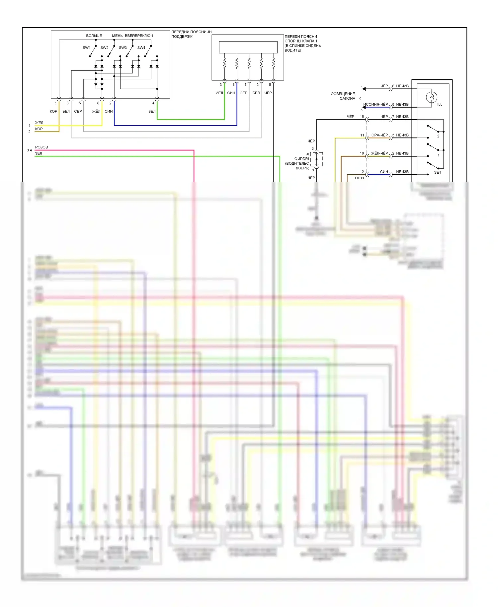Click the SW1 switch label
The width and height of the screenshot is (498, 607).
(86, 48)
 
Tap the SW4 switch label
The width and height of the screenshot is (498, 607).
(141, 48)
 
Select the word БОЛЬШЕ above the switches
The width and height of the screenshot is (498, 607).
(94, 36)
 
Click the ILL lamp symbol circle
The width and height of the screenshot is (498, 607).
(431, 97)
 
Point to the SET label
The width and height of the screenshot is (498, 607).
(438, 173)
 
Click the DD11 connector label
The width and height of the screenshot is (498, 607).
(360, 178)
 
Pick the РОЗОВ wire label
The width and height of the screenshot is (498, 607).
(41, 147)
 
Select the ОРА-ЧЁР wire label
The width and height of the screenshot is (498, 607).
(379, 135)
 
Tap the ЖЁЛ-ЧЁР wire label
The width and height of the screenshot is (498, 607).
(379, 153)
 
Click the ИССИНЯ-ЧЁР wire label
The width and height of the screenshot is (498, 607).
(375, 105)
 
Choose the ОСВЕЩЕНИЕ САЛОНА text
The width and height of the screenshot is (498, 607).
(343, 96)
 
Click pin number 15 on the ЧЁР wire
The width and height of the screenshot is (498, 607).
(362, 117)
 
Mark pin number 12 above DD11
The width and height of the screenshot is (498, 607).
(362, 172)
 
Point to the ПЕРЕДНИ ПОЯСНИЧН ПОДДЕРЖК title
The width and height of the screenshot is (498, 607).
(191, 34)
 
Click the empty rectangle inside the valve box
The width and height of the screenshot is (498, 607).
(248, 47)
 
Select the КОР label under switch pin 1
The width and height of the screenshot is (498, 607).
(53, 112)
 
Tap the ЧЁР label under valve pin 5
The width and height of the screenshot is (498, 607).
(268, 93)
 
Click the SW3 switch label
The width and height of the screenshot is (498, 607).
(123, 48)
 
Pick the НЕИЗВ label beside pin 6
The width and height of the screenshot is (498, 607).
(402, 86)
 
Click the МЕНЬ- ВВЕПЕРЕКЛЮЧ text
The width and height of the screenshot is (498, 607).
(132, 36)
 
